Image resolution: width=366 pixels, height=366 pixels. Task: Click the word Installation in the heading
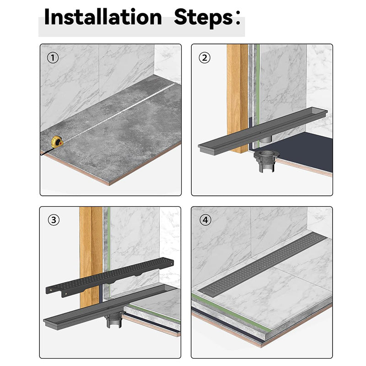103,17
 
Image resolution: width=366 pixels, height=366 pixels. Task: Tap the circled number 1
53,58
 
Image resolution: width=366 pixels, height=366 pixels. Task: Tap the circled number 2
205,58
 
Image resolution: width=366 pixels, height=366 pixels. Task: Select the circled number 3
54,220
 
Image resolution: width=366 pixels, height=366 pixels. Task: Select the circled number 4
205,220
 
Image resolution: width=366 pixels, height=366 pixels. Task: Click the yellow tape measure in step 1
57,142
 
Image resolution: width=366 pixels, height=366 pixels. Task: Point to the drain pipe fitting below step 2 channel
267,161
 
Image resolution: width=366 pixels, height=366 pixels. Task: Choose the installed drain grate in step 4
262,265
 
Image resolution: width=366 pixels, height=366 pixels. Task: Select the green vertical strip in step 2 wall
258,96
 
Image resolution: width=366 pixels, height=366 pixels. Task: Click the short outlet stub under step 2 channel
266,140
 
